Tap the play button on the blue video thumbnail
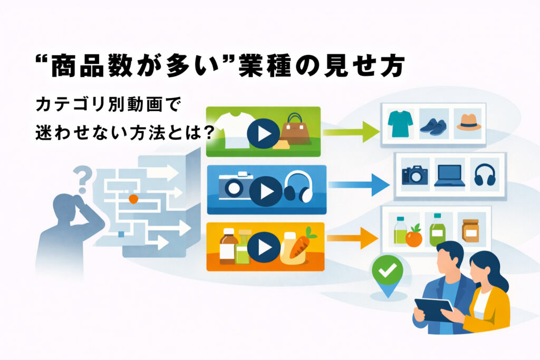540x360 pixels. [x=264, y=190]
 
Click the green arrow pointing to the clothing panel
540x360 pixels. [x=351, y=131]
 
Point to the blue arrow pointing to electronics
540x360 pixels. [x=358, y=185]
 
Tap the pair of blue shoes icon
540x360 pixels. [x=433, y=125]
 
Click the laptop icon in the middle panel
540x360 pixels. [x=449, y=176]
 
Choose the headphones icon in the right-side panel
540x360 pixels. [x=484, y=175]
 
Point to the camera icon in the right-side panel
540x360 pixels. [x=414, y=174]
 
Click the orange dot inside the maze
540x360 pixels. [x=133, y=199]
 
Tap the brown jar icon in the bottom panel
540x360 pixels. [x=470, y=230]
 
